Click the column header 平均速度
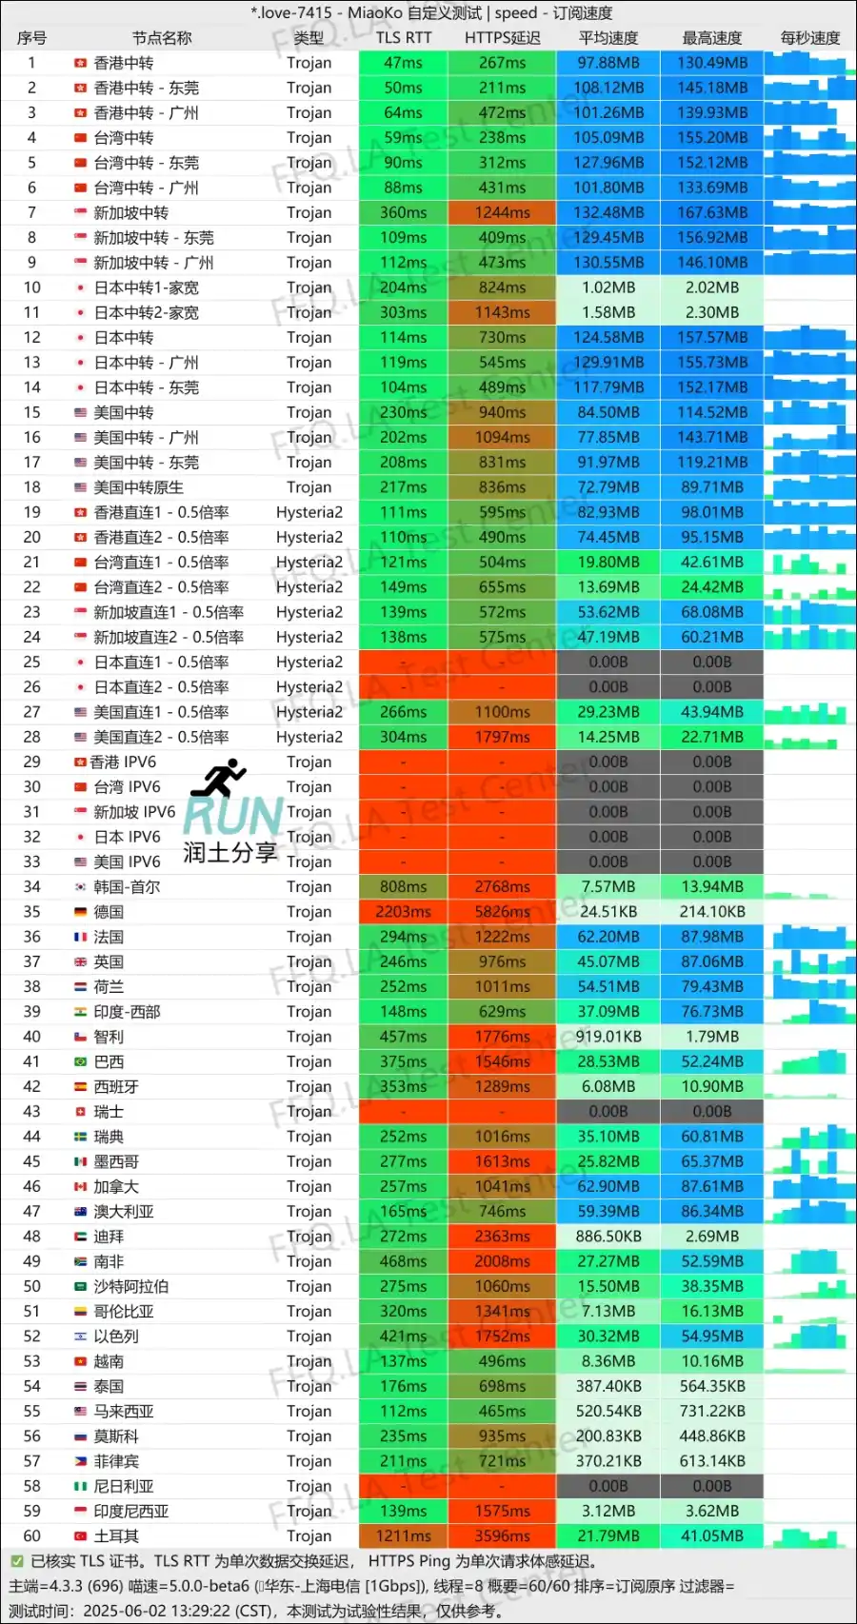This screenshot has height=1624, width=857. pos(608,38)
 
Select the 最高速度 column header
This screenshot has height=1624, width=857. pos(711,38)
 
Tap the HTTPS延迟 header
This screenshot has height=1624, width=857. pos(502,38)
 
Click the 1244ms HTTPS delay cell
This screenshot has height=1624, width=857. pos(502,212)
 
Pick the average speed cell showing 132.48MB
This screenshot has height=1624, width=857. pos(608,212)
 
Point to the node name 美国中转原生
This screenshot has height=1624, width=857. pos(138,487)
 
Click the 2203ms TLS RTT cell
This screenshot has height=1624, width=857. pos(403,911)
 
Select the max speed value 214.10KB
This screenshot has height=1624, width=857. pos(711,911)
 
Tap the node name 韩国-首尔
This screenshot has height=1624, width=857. pos(127,886)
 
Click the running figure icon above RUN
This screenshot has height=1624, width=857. pos(219,778)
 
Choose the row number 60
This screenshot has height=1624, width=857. pos(31,1535)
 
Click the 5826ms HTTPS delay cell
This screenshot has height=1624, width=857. pos(502,911)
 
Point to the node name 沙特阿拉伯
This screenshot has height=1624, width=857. pos(130,1286)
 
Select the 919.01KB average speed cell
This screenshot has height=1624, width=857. pos(608,1037)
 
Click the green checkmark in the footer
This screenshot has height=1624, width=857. pos(16,1561)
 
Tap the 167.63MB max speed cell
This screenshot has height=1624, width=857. pos(711,212)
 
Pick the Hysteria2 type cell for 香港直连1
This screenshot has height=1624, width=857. pos(309,512)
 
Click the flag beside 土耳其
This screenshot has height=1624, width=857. pos(81,1535)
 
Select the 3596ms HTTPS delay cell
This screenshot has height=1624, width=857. pos(502,1535)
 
